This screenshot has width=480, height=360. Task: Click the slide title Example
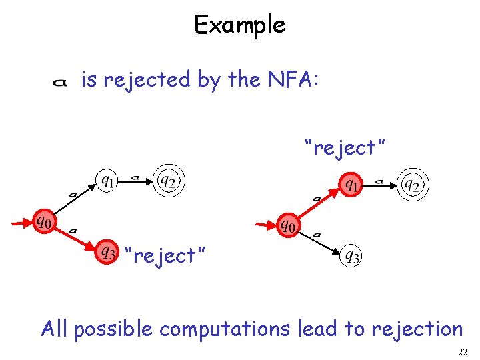239,25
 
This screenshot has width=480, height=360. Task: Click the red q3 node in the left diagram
107,252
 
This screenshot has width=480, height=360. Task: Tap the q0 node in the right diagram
287,225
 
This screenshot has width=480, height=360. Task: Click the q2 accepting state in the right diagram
411,185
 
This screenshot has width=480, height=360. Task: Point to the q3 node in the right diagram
351,255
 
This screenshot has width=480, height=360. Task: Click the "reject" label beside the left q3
165,255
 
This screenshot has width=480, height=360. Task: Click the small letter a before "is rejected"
59,82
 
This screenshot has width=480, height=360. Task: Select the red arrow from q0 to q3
75,237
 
